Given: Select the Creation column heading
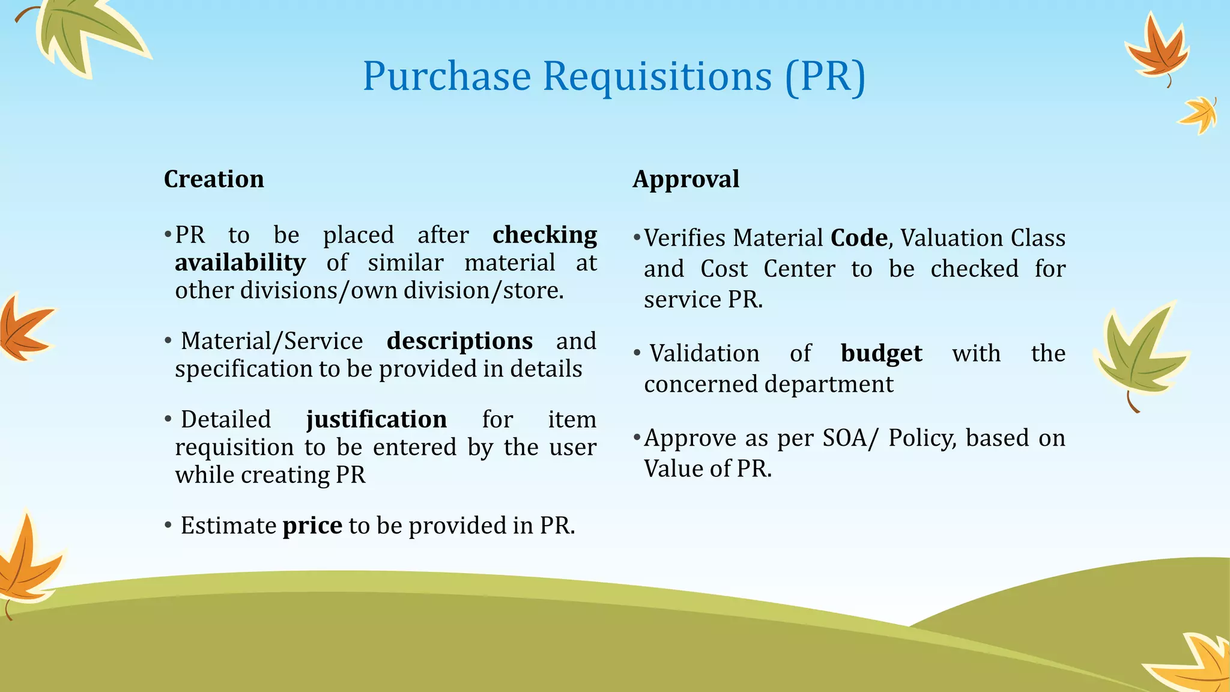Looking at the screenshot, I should coord(214,179).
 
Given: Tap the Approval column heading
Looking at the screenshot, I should coord(686,179).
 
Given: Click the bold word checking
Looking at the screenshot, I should coord(545,235).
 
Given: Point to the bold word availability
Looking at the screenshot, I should coord(240,263).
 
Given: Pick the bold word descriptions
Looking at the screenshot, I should coord(459,341).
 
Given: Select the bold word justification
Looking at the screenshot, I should coord(377,419).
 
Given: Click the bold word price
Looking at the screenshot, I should coord(312,526).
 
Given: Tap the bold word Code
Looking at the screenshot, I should coord(859,238).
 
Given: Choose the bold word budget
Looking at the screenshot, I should coord(881,354).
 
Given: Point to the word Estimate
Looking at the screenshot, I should coord(228,526).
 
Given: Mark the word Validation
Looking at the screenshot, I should coord(704,354).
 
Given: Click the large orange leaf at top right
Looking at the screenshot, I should coord(1157,51).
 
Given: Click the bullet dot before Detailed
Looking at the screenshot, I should coord(168,419).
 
